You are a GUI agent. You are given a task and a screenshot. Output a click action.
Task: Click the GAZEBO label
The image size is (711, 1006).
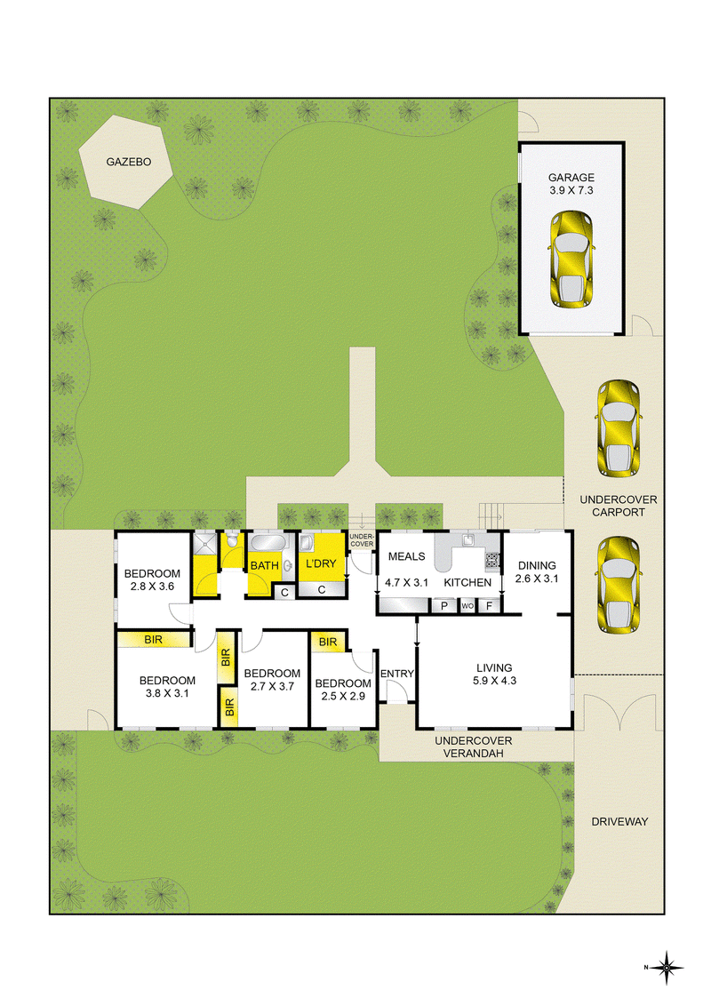[x=128, y=162]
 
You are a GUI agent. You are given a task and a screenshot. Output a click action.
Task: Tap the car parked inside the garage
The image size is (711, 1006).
[x=571, y=259]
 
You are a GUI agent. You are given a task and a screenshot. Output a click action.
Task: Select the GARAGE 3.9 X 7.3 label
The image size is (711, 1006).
[x=571, y=183]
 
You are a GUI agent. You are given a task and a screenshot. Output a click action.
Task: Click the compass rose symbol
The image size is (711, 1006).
[x=667, y=967]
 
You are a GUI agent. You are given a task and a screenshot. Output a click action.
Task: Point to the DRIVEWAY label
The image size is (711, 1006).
[x=619, y=821]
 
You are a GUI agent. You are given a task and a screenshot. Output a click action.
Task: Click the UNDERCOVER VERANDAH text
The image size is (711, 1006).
[x=474, y=747]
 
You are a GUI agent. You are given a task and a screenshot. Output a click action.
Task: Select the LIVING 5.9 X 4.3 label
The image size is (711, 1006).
[x=494, y=674]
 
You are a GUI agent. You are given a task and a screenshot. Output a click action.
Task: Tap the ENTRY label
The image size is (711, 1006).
[x=396, y=674]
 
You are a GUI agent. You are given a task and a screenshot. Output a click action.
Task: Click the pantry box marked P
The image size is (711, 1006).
[x=443, y=605]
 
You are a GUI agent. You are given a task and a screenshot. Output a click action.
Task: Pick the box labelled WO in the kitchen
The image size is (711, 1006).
[x=467, y=605]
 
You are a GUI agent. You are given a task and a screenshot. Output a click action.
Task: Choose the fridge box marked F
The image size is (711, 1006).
[x=489, y=605]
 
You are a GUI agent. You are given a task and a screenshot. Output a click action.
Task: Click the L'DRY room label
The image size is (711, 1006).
[x=321, y=564]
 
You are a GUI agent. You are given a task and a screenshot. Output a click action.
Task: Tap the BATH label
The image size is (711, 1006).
[x=264, y=565]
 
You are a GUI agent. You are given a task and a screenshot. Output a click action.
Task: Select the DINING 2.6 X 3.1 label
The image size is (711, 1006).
[x=537, y=571]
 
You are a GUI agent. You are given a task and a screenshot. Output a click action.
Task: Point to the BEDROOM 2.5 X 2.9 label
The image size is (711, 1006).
[x=343, y=690]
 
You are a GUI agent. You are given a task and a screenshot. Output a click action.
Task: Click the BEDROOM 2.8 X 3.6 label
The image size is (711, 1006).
[x=152, y=579]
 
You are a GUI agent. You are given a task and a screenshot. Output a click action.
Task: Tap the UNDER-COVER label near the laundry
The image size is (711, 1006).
[x=361, y=540]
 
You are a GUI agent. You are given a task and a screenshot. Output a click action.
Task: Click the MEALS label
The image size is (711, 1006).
[x=407, y=556]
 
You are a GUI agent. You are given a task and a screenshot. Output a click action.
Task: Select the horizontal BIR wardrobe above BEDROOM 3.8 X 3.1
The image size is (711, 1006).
[x=154, y=640]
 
